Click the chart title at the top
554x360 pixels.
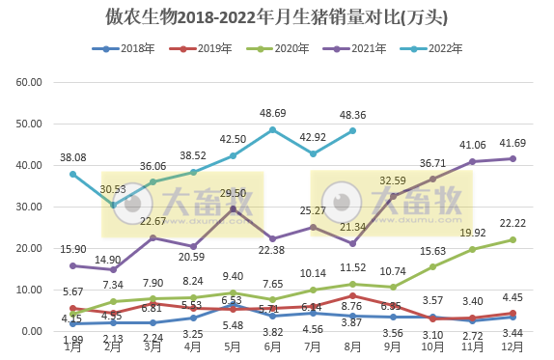point(276,17)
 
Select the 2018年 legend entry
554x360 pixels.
point(129,48)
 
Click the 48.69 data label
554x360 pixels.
point(273,113)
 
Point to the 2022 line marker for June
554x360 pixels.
point(273,129)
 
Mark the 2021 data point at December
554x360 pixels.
point(512,158)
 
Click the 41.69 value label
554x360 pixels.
point(512,142)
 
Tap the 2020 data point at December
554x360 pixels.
point(512,239)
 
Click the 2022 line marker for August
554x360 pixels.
point(353,131)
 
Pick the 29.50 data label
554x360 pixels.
point(233,193)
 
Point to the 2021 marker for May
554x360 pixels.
point(234,209)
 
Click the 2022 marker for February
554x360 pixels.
point(113,205)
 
